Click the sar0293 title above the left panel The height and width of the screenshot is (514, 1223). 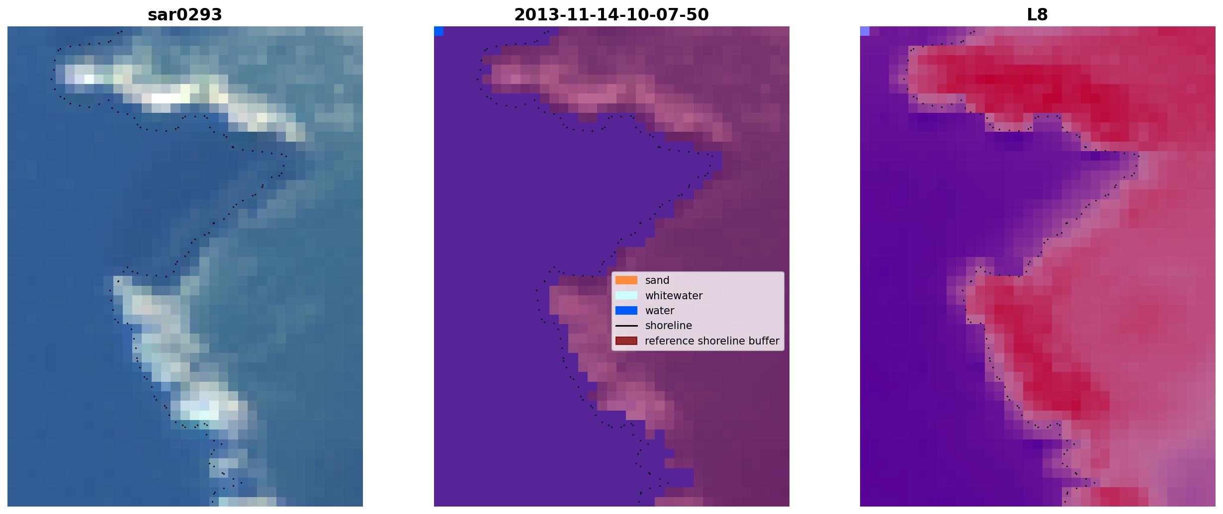[185, 15]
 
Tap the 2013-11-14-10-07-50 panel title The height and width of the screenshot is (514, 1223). [611, 15]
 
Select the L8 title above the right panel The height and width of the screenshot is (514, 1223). [1038, 15]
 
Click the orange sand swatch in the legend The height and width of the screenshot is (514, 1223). [626, 280]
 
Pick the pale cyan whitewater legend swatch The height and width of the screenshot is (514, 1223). [626, 295]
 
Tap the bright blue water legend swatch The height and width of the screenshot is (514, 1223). [626, 311]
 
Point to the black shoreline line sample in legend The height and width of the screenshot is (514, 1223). [626, 326]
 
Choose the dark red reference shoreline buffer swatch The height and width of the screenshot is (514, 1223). [626, 341]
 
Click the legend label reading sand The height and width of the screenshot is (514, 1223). [657, 280]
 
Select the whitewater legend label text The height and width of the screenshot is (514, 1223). [674, 296]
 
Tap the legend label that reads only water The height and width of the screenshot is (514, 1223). [660, 311]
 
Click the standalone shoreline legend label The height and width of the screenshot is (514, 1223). [669, 326]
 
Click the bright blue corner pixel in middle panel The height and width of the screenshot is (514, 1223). [438, 31]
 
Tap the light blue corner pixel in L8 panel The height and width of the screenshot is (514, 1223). [865, 31]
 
